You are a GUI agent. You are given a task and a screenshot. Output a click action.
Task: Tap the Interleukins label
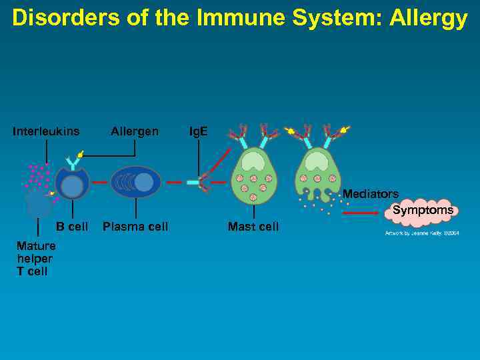[x=46, y=131]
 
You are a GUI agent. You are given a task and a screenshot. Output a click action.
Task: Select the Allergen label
[x=135, y=131]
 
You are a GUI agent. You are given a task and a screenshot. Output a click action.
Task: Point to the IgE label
[x=198, y=131]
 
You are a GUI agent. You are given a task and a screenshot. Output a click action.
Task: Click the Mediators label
[x=371, y=194]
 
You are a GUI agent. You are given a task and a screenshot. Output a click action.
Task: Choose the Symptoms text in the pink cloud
[x=423, y=210]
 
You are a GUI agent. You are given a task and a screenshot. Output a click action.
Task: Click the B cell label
[x=72, y=227]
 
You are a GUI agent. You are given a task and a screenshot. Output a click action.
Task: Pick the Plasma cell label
[x=135, y=227]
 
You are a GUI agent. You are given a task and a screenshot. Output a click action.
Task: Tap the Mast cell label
[x=253, y=227]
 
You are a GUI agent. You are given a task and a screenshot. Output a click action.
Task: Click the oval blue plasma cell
[x=135, y=182]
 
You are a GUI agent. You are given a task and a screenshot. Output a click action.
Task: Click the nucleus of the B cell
[x=71, y=186]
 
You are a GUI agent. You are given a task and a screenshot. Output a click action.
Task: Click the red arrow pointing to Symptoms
[x=364, y=213]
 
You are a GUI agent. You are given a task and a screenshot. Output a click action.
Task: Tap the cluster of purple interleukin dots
[x=39, y=178]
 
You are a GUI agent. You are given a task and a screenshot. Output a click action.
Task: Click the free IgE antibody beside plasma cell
[x=199, y=181]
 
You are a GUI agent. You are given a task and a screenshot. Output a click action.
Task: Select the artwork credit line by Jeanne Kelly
[x=422, y=233]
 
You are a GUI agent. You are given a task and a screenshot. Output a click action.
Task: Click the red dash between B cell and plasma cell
[x=99, y=181]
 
